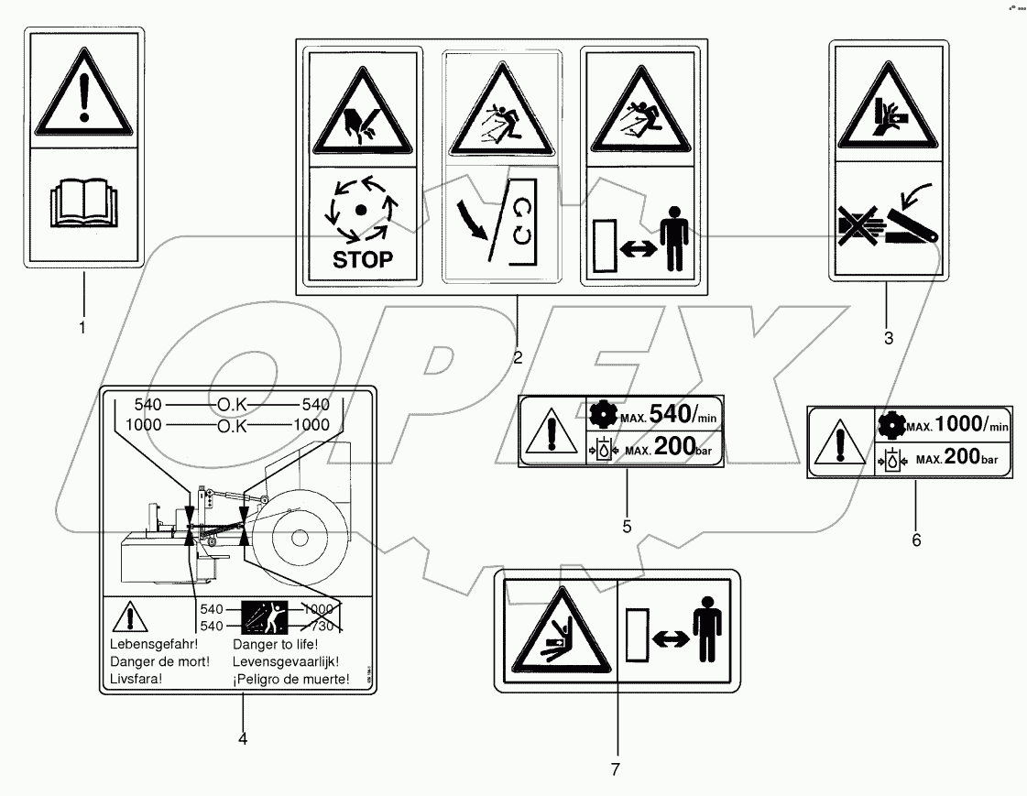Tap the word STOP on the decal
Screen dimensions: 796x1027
pos(363,259)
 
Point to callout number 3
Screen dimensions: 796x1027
pos(888,338)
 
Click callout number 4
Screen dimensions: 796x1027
pos(242,737)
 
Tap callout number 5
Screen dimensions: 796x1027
pos(627,527)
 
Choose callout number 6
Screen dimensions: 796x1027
pos(915,540)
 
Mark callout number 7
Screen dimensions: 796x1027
pos(616,769)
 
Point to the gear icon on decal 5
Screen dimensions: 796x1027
pos(602,415)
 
